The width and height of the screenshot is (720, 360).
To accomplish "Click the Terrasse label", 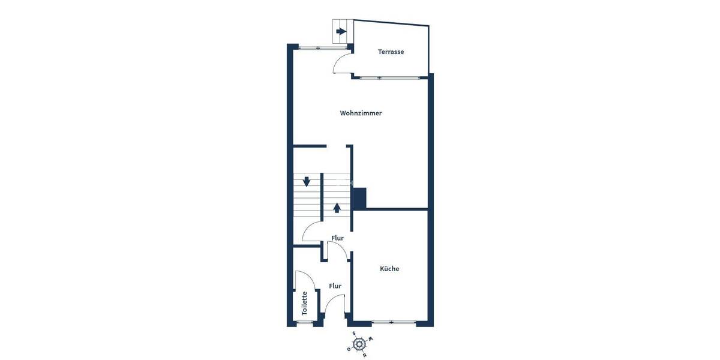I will pyautogui.click(x=391, y=52).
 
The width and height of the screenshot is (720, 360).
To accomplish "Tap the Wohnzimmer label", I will pyautogui.click(x=361, y=113).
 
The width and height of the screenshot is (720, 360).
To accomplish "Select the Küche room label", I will pyautogui.click(x=389, y=269).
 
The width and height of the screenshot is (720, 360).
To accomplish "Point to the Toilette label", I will pyautogui.click(x=305, y=303).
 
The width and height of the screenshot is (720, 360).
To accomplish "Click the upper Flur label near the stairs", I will pyautogui.click(x=337, y=238).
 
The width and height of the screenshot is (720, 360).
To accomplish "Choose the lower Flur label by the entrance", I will pyautogui.click(x=335, y=286).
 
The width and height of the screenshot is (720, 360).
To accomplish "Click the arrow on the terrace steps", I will pyautogui.click(x=342, y=32).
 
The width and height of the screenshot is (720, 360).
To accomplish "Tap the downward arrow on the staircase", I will pyautogui.click(x=307, y=181).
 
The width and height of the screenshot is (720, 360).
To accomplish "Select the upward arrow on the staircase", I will pyautogui.click(x=337, y=208).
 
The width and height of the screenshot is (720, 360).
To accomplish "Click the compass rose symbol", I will pyautogui.click(x=359, y=344).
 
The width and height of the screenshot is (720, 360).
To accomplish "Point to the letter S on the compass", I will pyautogui.click(x=354, y=334).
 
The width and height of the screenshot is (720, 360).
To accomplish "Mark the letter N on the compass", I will pyautogui.click(x=364, y=355).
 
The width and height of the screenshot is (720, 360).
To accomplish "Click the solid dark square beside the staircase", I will pyautogui.click(x=359, y=199).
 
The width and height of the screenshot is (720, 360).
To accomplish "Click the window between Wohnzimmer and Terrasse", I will pyautogui.click(x=390, y=77).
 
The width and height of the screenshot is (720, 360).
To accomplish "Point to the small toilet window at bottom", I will pyautogui.click(x=305, y=323).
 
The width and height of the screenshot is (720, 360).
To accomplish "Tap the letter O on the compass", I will pyautogui.click(x=349, y=349).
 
